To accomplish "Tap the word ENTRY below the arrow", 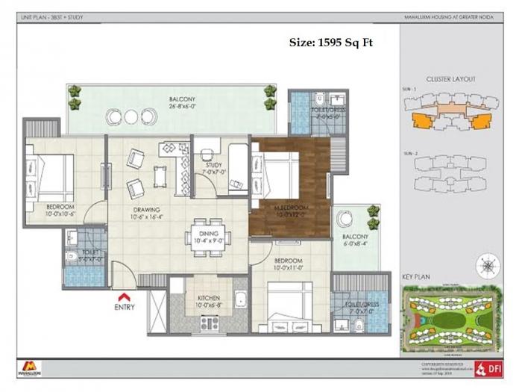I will [x=125, y=307].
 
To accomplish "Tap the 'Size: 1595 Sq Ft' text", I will [x=330, y=43].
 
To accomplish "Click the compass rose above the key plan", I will [x=488, y=264].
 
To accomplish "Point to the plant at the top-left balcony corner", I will [x=75, y=93].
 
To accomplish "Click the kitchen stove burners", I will [x=210, y=323].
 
